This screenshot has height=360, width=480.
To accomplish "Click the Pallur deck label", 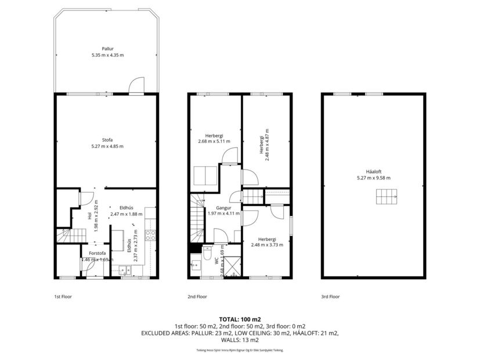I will pos(107,49).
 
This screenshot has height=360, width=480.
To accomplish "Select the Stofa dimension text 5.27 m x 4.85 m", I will pos(107,146).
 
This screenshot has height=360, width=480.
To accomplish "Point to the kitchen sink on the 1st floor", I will pos(124,269).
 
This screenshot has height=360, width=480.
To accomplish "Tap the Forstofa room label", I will pos(97,253).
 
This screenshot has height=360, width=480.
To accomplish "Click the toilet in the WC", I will pos(207,251).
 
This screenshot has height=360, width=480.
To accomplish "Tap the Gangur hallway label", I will pos(223,207).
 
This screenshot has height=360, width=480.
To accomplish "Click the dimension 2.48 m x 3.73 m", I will pos(267,244).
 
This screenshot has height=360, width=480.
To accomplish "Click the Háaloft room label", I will pos(374,172).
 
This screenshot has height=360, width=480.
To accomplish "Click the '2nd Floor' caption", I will pos(197,296).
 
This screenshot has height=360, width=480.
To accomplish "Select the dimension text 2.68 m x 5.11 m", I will pos(214,141).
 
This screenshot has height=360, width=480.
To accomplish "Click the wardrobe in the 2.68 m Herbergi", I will pos(204,175).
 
